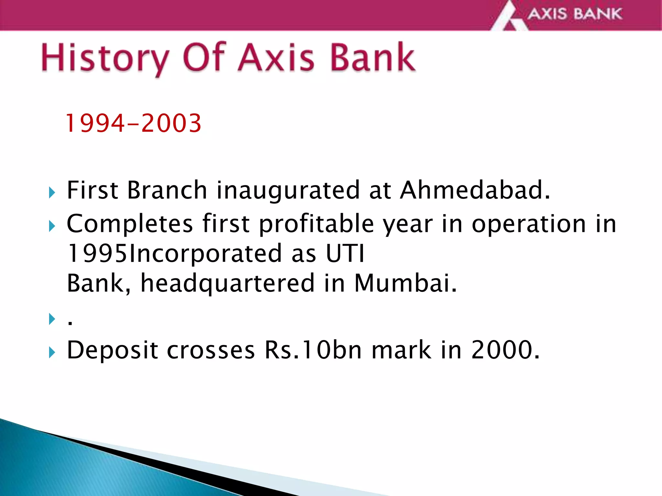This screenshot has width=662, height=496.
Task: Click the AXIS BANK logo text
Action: click(575, 14)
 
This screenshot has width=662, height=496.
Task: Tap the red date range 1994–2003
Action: click(133, 123)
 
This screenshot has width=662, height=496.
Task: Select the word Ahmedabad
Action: click(475, 190)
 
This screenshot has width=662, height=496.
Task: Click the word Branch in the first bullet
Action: click(167, 190)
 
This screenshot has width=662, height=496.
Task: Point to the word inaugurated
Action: click(288, 191)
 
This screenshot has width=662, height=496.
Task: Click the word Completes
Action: click(130, 224)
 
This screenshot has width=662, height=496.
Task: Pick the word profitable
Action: click(316, 224)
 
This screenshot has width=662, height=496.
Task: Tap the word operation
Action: click(529, 224)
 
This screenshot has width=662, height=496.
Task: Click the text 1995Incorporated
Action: click(174, 254)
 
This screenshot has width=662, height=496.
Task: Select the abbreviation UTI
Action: click(345, 253)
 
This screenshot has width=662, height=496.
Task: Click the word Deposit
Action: click(112, 350)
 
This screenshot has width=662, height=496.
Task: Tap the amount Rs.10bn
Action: click(313, 350)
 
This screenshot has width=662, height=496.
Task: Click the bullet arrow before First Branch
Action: click(52, 193)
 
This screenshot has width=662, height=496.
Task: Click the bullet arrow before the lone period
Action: click(52, 319)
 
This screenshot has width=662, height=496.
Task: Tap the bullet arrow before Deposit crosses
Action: click(52, 352)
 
